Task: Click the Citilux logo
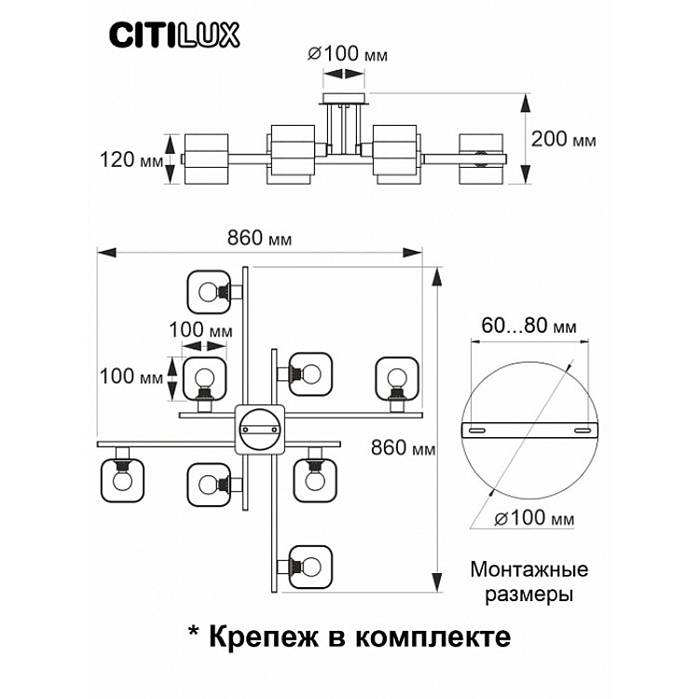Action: click(175, 35)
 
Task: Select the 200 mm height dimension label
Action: click(563, 139)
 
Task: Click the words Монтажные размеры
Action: click(528, 580)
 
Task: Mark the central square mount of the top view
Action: click(260, 429)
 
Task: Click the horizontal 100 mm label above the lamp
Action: click(200, 330)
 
